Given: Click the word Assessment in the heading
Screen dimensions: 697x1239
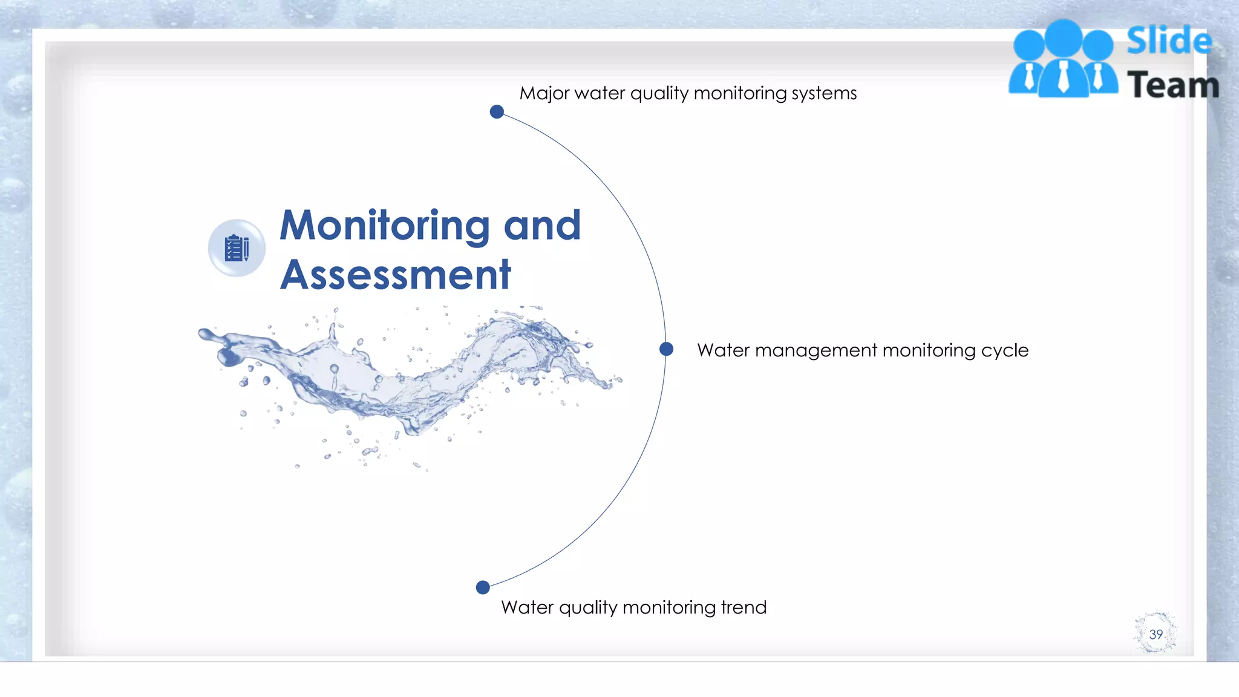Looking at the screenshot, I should [396, 275].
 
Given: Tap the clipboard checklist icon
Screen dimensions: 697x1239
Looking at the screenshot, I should [237, 248].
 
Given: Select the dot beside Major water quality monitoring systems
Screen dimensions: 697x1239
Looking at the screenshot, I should [497, 112].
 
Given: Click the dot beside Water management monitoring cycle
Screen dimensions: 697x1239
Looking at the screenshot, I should [666, 349].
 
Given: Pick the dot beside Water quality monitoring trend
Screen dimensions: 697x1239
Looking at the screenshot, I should [483, 587].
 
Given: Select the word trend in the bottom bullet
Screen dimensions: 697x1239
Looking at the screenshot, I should [744, 607].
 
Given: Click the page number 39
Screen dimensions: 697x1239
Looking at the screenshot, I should [1156, 634].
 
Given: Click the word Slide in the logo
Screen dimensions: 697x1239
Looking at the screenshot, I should [1169, 41].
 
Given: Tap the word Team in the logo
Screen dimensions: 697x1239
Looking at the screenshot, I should [1172, 85].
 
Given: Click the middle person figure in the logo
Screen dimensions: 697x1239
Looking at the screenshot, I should [1064, 61].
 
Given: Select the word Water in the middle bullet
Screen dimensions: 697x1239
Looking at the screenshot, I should [723, 350].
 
